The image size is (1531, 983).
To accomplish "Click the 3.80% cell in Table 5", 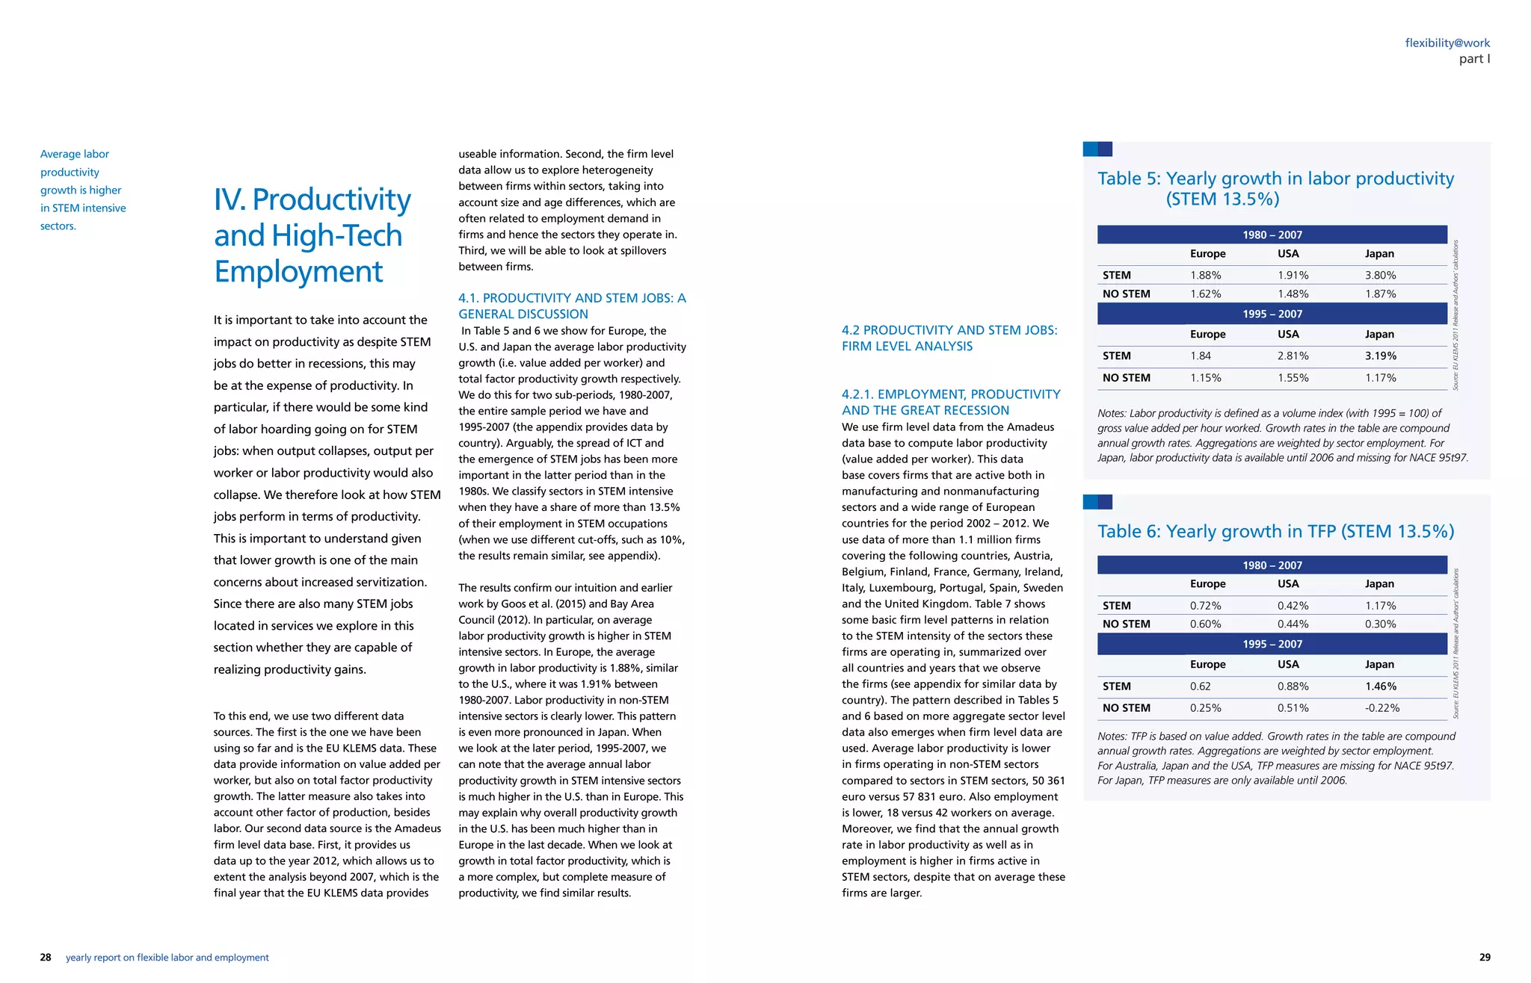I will pyautogui.click(x=1380, y=275).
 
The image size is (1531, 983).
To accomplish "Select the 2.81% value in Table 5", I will pyautogui.click(x=1293, y=356).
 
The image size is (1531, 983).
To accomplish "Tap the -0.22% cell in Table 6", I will pyautogui.click(x=1382, y=708).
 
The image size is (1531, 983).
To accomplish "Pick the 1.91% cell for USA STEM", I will pyautogui.click(x=1293, y=275).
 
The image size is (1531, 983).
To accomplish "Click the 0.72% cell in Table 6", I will pyautogui.click(x=1205, y=606).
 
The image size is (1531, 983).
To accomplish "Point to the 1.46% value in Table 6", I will pyautogui.click(x=1380, y=686).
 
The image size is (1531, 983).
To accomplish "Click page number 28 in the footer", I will pyautogui.click(x=46, y=958).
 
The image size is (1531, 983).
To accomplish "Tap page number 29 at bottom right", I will pyautogui.click(x=1485, y=958).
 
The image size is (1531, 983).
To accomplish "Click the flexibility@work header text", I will pyautogui.click(x=1447, y=43).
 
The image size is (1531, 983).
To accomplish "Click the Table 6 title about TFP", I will pyautogui.click(x=1275, y=531).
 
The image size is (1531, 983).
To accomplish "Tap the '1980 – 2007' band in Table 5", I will pyautogui.click(x=1272, y=235).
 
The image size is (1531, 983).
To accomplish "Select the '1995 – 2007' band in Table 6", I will pyautogui.click(x=1272, y=644).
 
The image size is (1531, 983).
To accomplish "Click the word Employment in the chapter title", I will pyautogui.click(x=298, y=272).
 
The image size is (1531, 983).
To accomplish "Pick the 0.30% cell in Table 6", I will pyautogui.click(x=1380, y=624).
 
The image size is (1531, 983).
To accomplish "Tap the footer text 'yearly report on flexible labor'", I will pyautogui.click(x=167, y=958).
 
